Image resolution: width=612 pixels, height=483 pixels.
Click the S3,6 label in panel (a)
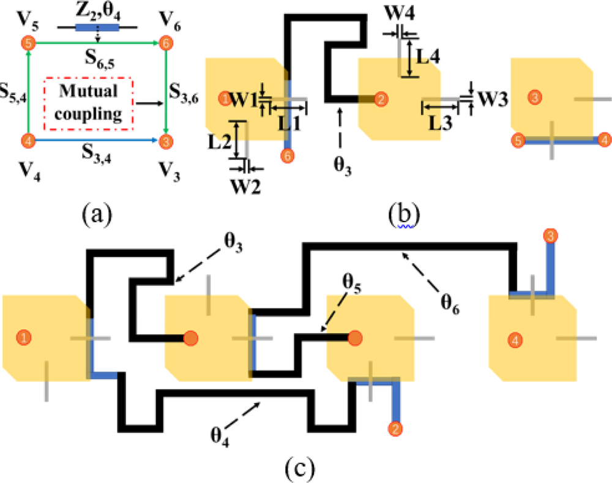point(184,95)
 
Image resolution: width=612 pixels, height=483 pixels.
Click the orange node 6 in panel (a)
point(164,43)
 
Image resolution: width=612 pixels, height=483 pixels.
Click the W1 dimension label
point(246,97)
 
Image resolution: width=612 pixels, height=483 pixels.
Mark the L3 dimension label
point(439,122)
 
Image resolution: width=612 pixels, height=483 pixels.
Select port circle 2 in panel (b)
point(380,98)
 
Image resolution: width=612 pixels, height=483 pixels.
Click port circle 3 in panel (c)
point(550,235)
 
